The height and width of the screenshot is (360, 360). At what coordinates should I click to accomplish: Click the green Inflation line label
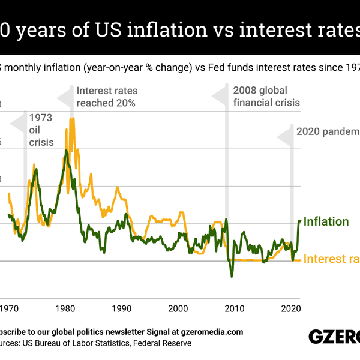(326, 221)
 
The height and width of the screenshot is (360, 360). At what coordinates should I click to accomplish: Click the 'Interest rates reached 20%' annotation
(107, 97)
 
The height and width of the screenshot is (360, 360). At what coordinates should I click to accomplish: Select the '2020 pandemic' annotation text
(328, 132)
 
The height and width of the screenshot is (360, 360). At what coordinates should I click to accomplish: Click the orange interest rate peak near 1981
(72, 118)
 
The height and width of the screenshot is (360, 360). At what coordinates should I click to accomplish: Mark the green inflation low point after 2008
(232, 276)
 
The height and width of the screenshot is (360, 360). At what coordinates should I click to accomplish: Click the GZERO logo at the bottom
(334, 337)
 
